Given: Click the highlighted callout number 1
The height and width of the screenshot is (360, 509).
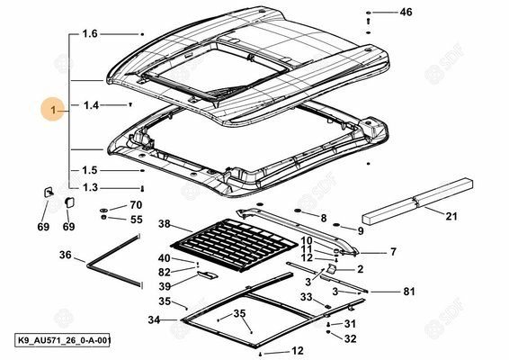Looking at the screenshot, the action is point(53,110).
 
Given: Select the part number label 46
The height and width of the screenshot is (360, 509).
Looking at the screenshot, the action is point(406,13).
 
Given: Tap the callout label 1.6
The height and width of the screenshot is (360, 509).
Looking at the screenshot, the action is point(90,33).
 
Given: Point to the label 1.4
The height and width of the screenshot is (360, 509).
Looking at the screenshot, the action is point(91,105).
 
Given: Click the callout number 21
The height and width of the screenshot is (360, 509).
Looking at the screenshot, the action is point(451,216).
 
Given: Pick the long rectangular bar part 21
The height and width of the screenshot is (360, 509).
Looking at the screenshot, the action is point(417,201).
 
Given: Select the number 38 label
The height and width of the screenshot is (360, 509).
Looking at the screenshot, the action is point(165,223).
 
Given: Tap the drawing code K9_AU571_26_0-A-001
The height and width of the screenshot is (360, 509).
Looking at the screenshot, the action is point(63,340).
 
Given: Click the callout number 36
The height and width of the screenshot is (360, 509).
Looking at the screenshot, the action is point(66,255).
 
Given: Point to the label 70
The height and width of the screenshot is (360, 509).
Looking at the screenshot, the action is point(136,204).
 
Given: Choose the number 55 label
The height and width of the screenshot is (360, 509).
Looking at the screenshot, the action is point(137,220).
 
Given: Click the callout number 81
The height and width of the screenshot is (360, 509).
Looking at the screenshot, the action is point(409,292).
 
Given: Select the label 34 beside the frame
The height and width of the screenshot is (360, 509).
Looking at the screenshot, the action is point(154,319).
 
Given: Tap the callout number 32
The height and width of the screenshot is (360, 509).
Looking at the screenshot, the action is point(350,338).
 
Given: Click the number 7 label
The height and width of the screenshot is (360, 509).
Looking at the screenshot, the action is point(393,252).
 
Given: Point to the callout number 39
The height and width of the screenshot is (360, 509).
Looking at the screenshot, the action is point(165,286).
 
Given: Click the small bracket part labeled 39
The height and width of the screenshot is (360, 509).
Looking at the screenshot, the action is point(207,274).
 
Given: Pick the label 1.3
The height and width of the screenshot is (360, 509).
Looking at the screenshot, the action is point(90,187).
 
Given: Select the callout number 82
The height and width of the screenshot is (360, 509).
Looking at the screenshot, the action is point(165,272).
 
